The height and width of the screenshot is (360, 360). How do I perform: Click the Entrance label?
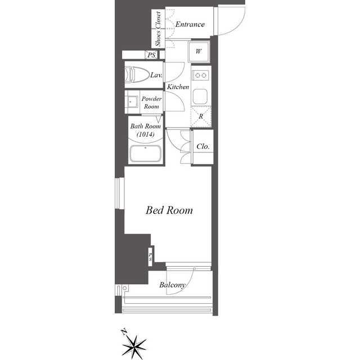coord(190,24)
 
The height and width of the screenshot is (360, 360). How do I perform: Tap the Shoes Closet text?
coord(158,29)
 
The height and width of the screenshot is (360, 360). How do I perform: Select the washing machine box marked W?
coord(199,52)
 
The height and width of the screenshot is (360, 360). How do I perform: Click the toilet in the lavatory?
coord(137,74)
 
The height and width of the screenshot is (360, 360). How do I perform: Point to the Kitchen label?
coord(178,87)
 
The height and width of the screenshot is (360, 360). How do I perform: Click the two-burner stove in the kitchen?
coord(201,75)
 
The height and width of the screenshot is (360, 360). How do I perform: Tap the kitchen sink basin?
coord(200,96)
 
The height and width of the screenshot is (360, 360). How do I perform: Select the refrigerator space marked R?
coord(201,116)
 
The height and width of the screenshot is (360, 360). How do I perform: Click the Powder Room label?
coord(151,102)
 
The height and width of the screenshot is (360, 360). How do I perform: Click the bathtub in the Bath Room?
coord(145,154)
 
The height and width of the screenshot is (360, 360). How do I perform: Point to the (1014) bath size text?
coord(145,134)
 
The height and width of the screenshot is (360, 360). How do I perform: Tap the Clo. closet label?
coord(203,146)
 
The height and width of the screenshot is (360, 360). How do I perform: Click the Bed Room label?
coord(169,210)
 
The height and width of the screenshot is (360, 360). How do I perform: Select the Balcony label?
coord(172,285)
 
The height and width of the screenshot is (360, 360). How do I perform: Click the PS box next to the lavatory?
coord(151,55)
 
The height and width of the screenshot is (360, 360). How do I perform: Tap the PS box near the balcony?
coord(150,256)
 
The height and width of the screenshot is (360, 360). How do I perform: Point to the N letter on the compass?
coord(124,332)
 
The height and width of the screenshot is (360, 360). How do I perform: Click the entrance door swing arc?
coord(236,27)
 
